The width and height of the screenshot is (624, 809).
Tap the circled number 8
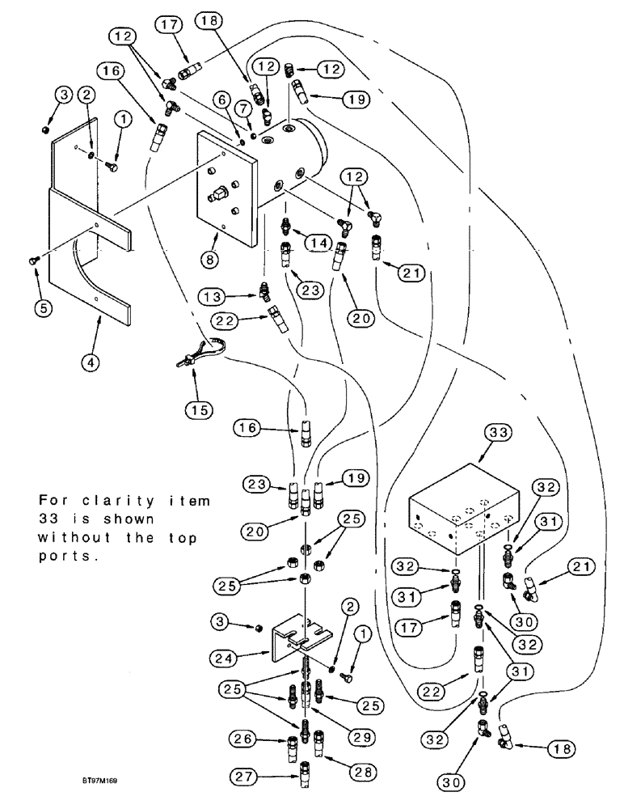[210, 261]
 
